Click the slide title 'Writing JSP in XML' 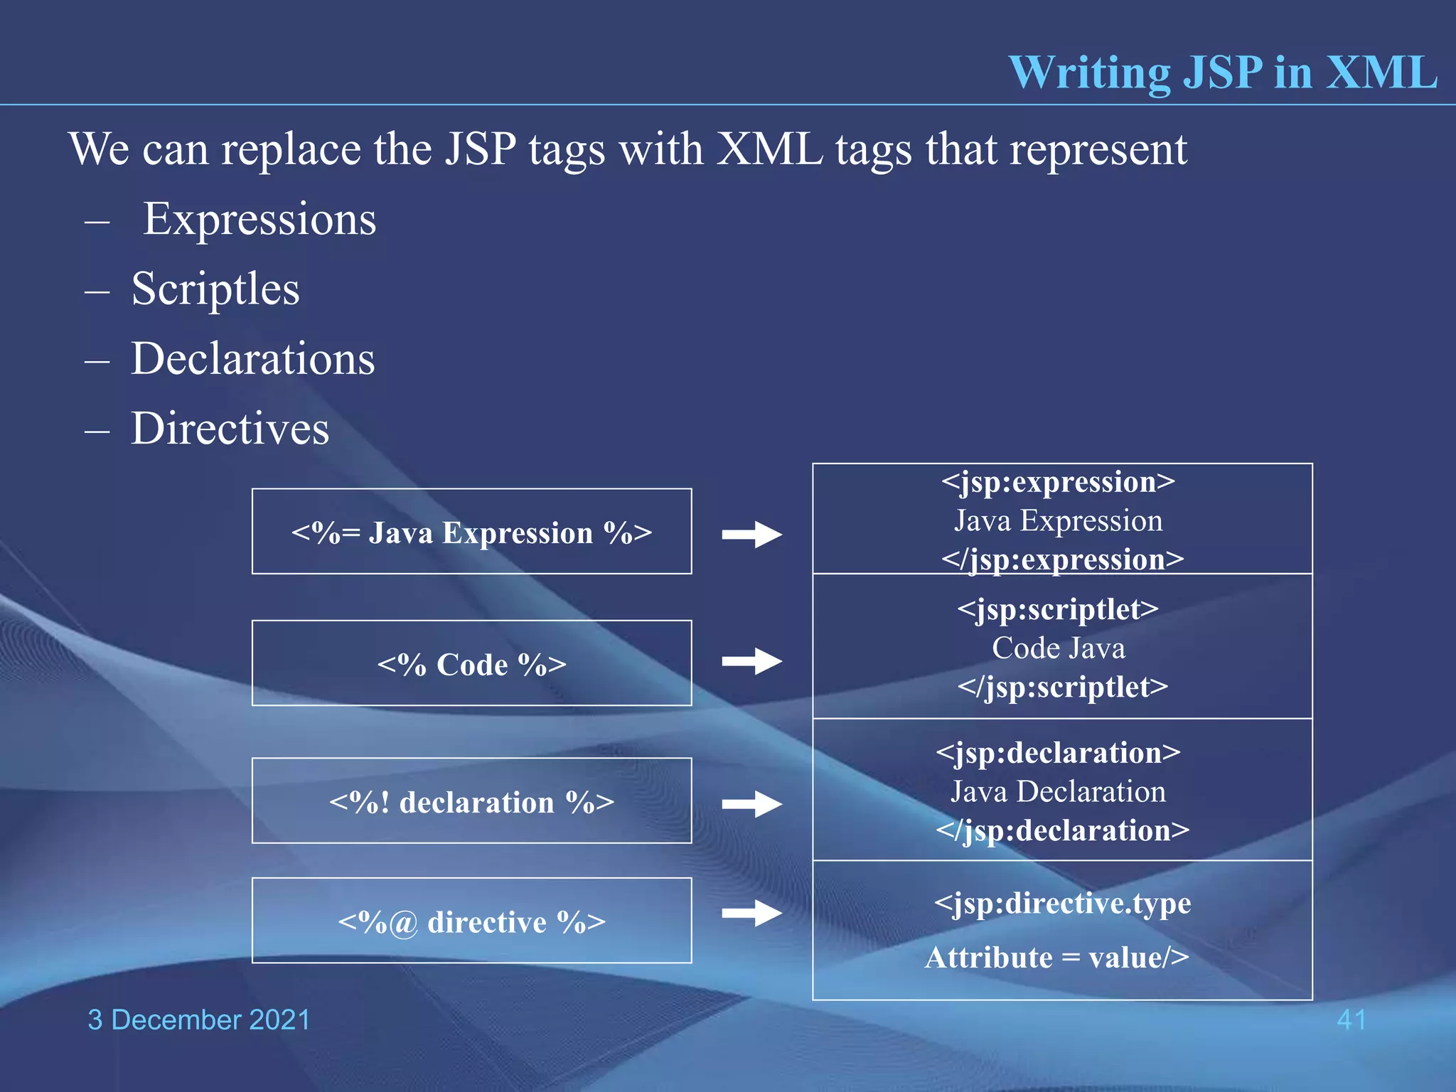coord(1222,73)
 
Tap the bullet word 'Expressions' coord(259,219)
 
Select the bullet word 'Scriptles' coord(215,289)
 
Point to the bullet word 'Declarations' coord(252,358)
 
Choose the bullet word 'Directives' coord(230,428)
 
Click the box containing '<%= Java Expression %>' coord(471,532)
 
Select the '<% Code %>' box coord(471,663)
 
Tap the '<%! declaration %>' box coord(471,801)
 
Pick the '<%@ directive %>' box coord(471,921)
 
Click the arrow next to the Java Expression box coord(751,535)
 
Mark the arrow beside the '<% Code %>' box coord(751,661)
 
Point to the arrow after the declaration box coord(751,804)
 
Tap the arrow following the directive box coord(751,913)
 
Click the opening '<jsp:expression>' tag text coord(1058,482)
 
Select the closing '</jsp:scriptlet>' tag coord(1062,687)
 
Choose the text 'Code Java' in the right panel coord(1058,648)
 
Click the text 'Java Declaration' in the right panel coord(1058,792)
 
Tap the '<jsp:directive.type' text coord(1062,903)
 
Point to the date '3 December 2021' coord(199,1020)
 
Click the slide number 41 coord(1351,1020)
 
